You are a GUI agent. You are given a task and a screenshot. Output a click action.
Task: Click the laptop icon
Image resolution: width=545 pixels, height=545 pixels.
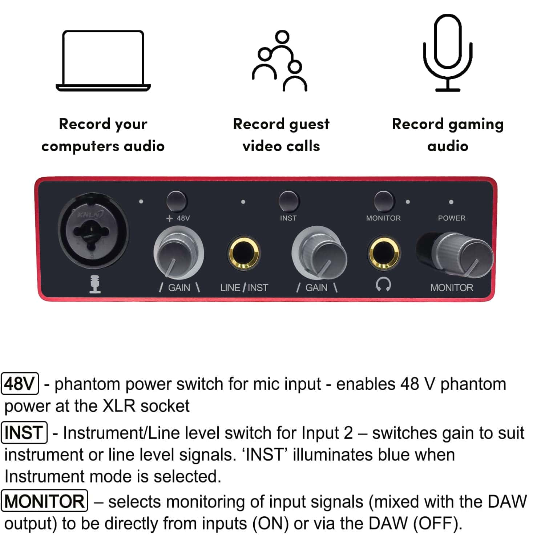coord(103,61)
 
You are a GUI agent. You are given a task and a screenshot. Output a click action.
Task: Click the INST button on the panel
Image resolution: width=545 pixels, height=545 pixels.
coord(288,201)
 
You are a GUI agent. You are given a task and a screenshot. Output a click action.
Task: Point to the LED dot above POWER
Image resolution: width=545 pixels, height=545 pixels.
coord(451,202)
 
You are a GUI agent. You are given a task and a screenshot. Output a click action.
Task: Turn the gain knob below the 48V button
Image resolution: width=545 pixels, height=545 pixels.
coord(178,253)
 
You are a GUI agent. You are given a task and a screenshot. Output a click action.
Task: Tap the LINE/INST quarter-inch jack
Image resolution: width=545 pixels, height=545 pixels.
coord(243,253)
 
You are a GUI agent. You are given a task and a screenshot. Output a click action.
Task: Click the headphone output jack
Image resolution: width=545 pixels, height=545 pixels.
coord(384,253)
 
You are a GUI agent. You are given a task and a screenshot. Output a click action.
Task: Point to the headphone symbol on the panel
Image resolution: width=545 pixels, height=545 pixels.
coord(383,284)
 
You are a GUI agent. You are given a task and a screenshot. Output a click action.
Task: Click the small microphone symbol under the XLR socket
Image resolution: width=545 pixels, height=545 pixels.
coord(95,284)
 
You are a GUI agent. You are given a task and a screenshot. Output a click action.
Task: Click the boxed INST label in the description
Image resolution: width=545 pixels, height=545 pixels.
coord(24,432)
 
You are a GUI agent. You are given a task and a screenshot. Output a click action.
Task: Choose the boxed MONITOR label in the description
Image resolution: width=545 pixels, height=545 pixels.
coord(45,501)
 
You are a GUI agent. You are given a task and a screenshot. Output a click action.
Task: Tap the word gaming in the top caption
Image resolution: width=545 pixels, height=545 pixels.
coord(476,124)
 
